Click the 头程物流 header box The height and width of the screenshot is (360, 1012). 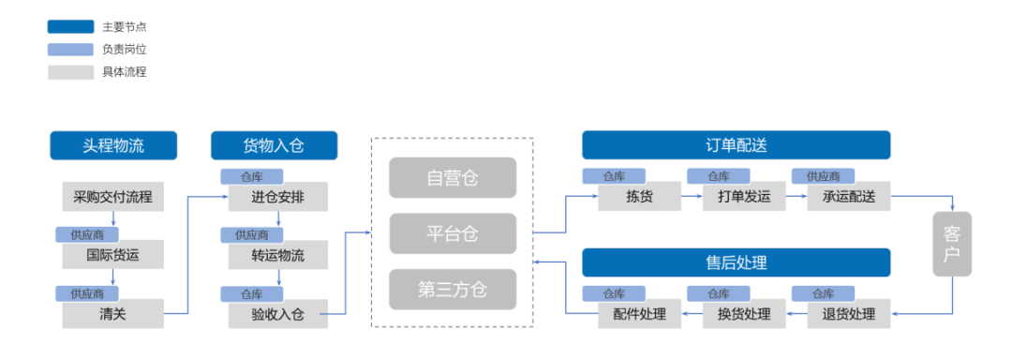[x=112, y=145]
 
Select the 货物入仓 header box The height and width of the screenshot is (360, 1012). [x=274, y=145]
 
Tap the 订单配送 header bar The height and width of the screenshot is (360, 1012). [x=736, y=145]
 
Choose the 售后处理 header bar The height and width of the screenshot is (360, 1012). [x=736, y=262]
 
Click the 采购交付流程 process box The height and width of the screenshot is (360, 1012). [x=112, y=197]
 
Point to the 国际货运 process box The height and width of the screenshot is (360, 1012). [x=112, y=254]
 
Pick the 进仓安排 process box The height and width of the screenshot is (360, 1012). [x=277, y=197]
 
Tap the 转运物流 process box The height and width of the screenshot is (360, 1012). [x=277, y=255]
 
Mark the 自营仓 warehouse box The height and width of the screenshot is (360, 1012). [x=453, y=177]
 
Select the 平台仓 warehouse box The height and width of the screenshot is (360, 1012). [x=453, y=233]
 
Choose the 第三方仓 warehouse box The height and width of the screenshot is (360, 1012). [x=453, y=290]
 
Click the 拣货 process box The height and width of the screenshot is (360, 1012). [x=638, y=197]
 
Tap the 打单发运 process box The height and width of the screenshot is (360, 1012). [x=744, y=197]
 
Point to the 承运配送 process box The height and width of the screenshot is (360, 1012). [x=849, y=197]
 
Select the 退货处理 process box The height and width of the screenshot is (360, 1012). [x=849, y=314]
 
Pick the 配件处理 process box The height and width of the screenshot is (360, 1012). [x=639, y=314]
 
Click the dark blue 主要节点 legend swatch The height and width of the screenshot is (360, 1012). [x=70, y=27]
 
